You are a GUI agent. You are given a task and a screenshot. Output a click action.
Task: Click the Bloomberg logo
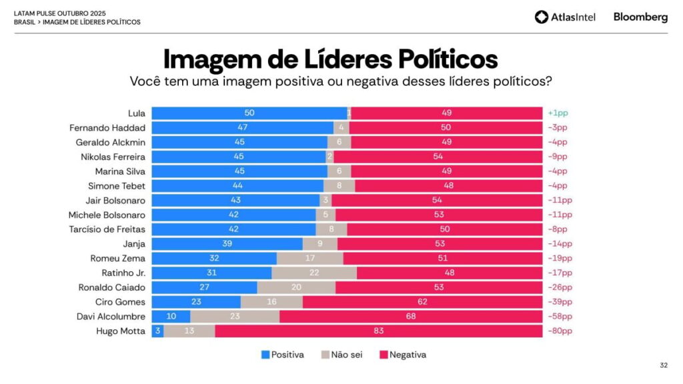[x=640, y=17]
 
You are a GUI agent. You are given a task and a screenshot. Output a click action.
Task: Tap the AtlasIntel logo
[x=565, y=17]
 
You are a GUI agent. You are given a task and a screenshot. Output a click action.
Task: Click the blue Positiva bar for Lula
[x=249, y=113]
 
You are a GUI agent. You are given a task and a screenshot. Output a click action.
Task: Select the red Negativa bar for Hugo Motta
[x=378, y=331]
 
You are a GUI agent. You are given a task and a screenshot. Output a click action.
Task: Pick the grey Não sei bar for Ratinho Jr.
[x=314, y=273]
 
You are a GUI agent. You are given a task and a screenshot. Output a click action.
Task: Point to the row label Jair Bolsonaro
[x=116, y=200]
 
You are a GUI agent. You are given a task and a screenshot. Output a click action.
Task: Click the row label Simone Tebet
[x=117, y=186]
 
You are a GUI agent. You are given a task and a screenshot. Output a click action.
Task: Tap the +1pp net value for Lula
[x=558, y=113]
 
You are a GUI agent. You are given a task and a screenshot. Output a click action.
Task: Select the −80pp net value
[x=560, y=331]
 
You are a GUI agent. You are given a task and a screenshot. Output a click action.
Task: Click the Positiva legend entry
[x=282, y=355]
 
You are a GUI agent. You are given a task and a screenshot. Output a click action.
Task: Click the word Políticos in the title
[x=448, y=59]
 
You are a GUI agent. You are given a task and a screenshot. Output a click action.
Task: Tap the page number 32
[x=663, y=365]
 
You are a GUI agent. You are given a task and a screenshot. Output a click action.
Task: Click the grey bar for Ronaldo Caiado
[x=296, y=287]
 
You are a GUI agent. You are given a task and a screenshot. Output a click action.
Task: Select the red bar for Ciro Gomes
[x=422, y=302]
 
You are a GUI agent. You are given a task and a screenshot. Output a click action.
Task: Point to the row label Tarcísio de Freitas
[x=107, y=229]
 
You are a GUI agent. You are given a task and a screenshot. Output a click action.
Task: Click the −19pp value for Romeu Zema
[x=560, y=259]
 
